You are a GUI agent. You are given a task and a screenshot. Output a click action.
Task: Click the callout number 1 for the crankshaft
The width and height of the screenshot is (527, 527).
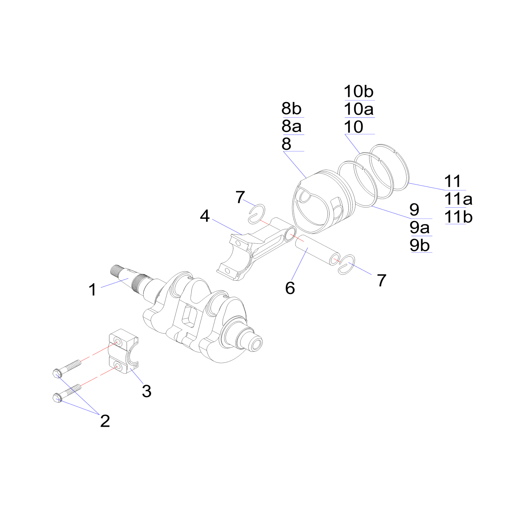tap(93, 289)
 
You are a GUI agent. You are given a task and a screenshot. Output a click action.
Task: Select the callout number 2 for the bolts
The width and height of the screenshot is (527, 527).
tap(105, 421)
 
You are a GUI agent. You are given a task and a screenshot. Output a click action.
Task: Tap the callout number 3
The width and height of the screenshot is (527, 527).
tap(147, 391)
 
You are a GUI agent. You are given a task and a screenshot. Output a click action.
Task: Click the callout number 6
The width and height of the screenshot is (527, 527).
tap(290, 288)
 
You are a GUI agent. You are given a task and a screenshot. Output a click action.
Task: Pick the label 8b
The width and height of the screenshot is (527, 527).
tap(291, 109)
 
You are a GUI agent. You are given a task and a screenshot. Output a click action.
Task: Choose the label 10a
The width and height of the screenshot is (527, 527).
tap(358, 109)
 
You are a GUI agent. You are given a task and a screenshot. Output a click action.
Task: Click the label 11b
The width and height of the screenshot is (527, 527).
tap(458, 217)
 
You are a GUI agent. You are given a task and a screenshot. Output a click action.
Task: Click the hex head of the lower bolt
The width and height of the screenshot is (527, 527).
tap(56, 398)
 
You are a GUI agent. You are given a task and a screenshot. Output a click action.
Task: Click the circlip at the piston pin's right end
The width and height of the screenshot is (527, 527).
tap(347, 264)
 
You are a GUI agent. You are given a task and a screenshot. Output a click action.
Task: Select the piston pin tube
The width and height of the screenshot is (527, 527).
tap(316, 250)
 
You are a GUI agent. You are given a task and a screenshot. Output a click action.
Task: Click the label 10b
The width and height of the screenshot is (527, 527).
tap(358, 91)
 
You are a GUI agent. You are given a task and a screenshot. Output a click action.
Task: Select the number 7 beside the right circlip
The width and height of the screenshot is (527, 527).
tap(382, 280)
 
